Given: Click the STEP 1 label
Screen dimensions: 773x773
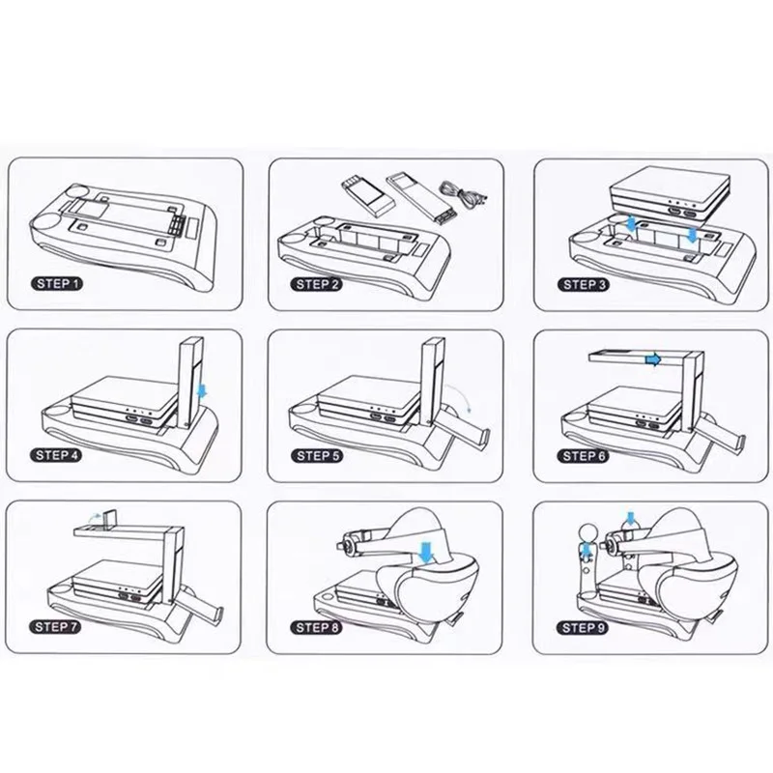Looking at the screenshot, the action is coord(57,283).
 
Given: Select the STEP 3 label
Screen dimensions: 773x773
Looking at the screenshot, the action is coord(584,284).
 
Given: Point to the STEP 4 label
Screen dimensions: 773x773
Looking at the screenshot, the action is coord(58,455).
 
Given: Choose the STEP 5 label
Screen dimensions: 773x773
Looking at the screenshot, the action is coord(318,456).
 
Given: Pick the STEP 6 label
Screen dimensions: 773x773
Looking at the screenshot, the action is coord(584,456).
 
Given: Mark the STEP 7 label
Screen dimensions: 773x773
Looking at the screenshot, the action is coord(56,626).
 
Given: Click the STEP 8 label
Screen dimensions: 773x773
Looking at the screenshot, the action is coord(317,627).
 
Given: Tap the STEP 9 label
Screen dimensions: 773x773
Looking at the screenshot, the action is coord(583,627).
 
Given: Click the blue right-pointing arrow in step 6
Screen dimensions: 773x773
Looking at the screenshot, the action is coord(653,359).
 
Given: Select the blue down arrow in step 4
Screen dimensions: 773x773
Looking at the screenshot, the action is coord(202,391).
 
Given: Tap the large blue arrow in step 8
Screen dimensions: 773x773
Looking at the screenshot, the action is coord(425,551).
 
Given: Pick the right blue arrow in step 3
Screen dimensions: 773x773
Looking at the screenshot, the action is coord(693,234).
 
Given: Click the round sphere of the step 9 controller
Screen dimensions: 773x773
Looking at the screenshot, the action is coord(587,533).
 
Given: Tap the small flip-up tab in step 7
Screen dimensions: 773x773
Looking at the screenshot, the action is coord(110,519).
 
